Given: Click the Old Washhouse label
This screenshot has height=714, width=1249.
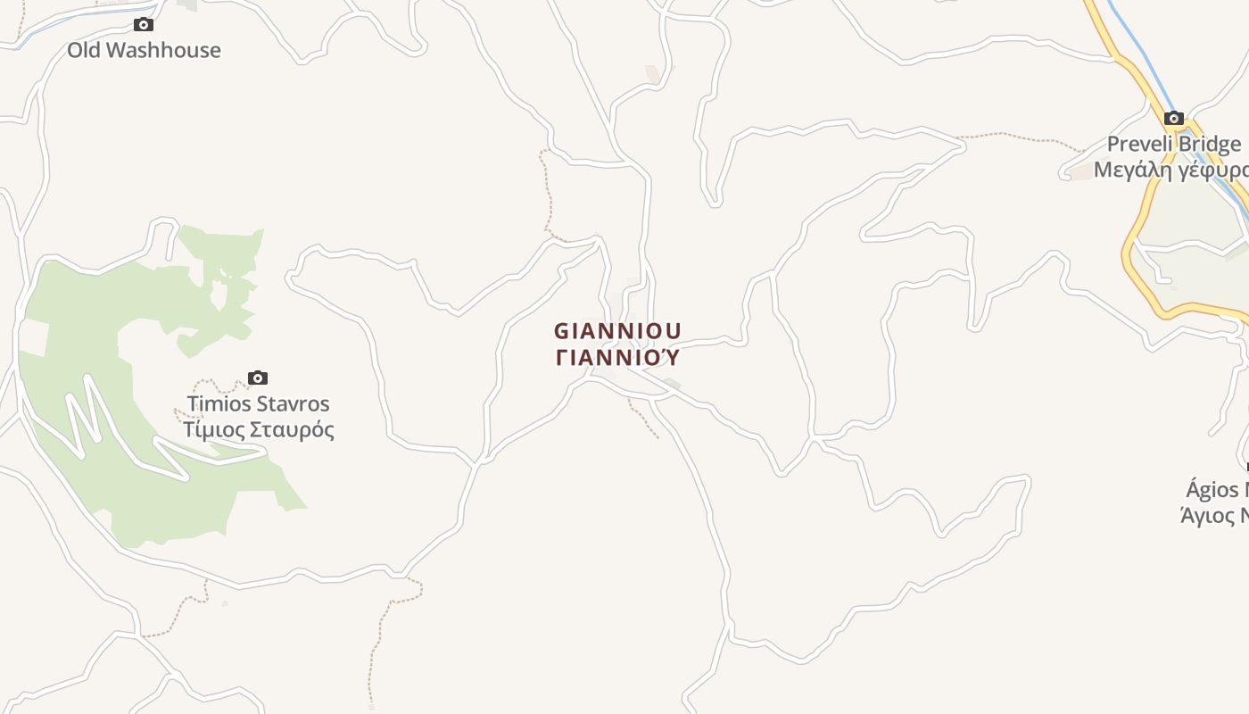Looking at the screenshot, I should click(x=144, y=50).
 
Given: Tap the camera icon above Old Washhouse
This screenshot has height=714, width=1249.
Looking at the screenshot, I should click(x=143, y=25).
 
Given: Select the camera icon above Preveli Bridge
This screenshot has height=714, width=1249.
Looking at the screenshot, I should click(x=1173, y=118).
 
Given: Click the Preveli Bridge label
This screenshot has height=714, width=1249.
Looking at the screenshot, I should click(x=1173, y=144).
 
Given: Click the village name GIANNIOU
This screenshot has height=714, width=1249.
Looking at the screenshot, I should click(x=617, y=331).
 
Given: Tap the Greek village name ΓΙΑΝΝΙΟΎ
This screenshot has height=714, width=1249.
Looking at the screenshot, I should click(x=617, y=358).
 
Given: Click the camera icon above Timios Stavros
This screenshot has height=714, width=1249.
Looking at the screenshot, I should click(x=258, y=378).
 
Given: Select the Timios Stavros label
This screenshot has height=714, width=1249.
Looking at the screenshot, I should click(x=258, y=403).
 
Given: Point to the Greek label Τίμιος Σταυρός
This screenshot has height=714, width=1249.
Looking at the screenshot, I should click(x=258, y=430).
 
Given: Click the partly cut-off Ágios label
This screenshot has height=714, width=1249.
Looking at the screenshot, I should click(x=1217, y=489).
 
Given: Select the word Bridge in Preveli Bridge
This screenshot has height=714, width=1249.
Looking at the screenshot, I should click(x=1208, y=144).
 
